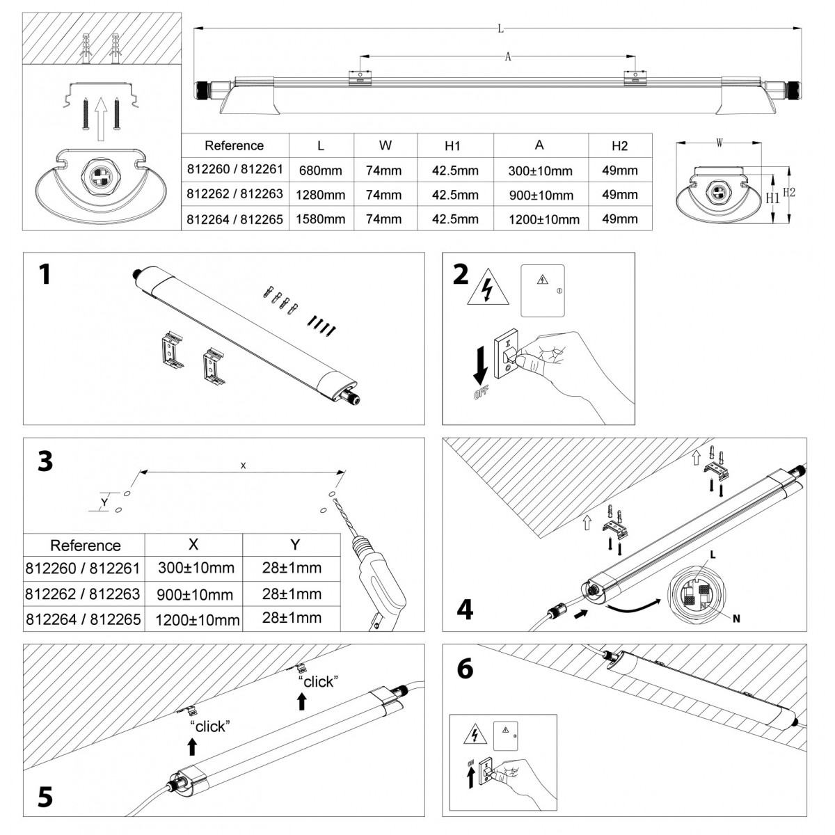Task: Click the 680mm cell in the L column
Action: [x=321, y=170]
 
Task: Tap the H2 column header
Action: [x=619, y=145]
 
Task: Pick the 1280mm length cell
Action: [x=321, y=195]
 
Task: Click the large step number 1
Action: [x=45, y=275]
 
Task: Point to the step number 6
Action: [x=464, y=669]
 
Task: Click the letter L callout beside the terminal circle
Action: [x=713, y=555]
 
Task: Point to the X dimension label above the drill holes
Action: [x=243, y=466]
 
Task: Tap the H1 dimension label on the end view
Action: [x=772, y=198]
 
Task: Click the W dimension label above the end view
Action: [x=719, y=143]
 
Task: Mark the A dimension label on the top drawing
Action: [x=508, y=58]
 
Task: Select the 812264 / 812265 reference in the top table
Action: [x=234, y=219]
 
